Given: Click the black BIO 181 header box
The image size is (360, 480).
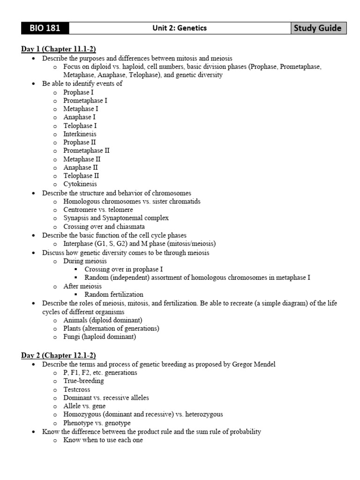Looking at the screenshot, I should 45,28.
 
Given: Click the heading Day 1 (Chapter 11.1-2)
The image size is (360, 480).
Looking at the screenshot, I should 59,50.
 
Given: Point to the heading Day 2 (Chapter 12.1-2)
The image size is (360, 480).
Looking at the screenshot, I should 59,356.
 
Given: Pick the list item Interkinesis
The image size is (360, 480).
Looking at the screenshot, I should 80,134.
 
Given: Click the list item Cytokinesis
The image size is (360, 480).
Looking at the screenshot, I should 80,184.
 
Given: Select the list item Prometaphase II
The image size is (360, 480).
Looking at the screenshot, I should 87,150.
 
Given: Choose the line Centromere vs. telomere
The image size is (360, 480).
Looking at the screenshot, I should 98,210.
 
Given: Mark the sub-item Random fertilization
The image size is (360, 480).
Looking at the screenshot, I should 114,294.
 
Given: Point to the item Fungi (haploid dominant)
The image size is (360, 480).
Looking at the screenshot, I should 100,337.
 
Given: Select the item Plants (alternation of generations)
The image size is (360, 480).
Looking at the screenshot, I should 112,328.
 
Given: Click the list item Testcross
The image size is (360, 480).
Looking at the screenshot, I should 77,390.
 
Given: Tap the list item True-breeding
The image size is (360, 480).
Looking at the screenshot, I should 84,381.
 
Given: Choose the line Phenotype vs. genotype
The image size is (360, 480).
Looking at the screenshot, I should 97,423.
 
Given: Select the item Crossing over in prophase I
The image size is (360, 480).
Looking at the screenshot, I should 124,269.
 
